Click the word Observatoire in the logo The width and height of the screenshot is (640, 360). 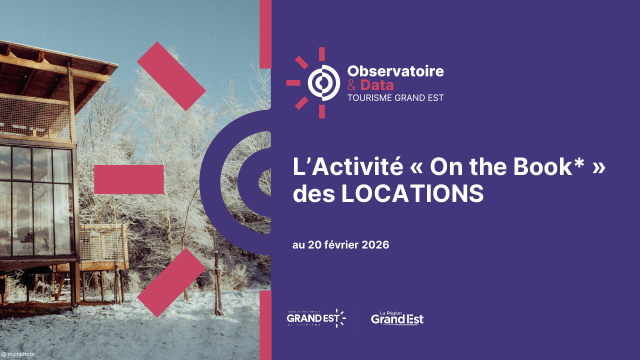click(395, 71)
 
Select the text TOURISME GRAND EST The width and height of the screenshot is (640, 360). click(395, 98)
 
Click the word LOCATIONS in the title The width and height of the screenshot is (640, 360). click(412, 194)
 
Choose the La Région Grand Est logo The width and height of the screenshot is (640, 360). click(397, 318)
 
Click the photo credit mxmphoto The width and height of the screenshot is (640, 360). click(18, 354)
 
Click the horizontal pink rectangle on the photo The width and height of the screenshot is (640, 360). click(129, 179)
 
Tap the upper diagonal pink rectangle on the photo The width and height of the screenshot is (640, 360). click(171, 76)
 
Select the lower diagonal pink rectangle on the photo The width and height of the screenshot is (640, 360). click(171, 282)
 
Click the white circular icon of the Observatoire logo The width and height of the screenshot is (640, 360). click(323, 82)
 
